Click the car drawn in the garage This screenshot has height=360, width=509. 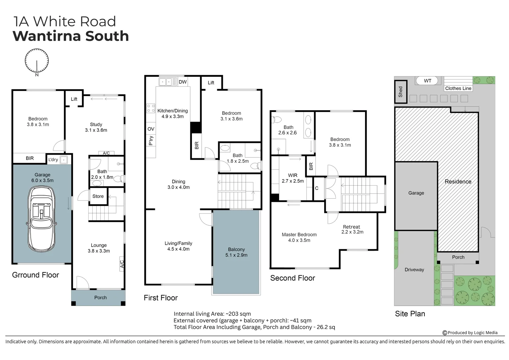pyautogui.click(x=41, y=219)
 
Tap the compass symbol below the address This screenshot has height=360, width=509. pyautogui.click(x=37, y=61)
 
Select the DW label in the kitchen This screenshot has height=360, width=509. pyautogui.click(x=183, y=82)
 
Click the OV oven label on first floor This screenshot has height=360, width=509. pyautogui.click(x=151, y=129)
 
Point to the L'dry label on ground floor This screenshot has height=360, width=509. pyautogui.click(x=53, y=160)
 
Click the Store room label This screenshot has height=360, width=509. pyautogui.click(x=98, y=196)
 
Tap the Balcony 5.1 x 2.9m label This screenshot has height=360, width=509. pyautogui.click(x=236, y=252)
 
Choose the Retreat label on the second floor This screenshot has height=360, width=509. pyautogui.click(x=352, y=227)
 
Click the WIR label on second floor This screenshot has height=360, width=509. pyautogui.click(x=293, y=175)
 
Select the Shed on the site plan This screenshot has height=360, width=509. pyautogui.click(x=400, y=92)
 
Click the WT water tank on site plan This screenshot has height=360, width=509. pyautogui.click(x=428, y=81)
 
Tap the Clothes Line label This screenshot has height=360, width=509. pyautogui.click(x=458, y=88)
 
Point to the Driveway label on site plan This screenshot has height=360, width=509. pyautogui.click(x=414, y=270)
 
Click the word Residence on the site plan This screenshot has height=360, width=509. pyautogui.click(x=458, y=182)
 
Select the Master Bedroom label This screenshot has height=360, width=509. pyautogui.click(x=299, y=235)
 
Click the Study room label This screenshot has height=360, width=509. pyautogui.click(x=96, y=124)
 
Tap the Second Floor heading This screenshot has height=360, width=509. pyautogui.click(x=292, y=278)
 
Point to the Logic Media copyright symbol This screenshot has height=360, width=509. pyautogui.click(x=444, y=333)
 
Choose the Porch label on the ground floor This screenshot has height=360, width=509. pyautogui.click(x=100, y=298)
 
